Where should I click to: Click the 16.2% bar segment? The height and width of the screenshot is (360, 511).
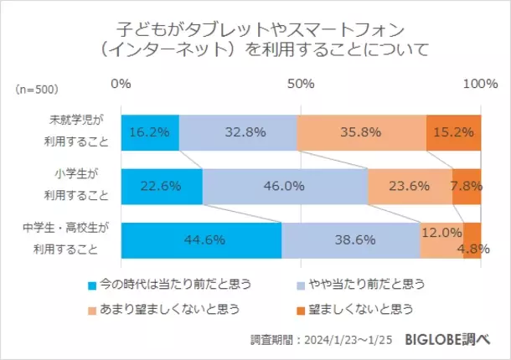click(x=150, y=131)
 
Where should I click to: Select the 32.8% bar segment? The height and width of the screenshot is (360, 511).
click(x=238, y=131)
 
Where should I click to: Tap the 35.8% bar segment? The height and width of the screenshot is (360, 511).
click(x=361, y=131)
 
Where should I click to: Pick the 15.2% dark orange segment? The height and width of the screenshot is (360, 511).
click(x=453, y=131)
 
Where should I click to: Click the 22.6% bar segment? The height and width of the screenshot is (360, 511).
click(x=162, y=186)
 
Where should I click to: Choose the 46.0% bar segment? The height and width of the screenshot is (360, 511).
click(x=285, y=186)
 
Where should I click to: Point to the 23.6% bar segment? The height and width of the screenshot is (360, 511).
click(x=410, y=186)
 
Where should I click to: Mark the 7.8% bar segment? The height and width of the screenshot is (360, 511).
click(x=467, y=186)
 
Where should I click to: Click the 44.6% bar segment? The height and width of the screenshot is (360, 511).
click(x=201, y=239)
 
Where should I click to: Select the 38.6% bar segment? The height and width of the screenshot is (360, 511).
click(x=350, y=239)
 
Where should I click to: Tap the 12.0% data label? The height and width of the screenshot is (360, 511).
click(x=441, y=232)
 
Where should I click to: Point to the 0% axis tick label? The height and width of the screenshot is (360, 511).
click(x=121, y=84)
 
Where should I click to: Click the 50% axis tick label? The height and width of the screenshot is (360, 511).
click(x=300, y=84)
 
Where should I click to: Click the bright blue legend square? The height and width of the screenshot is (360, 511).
click(x=93, y=285)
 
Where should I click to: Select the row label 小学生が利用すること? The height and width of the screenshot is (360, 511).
click(x=77, y=186)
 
